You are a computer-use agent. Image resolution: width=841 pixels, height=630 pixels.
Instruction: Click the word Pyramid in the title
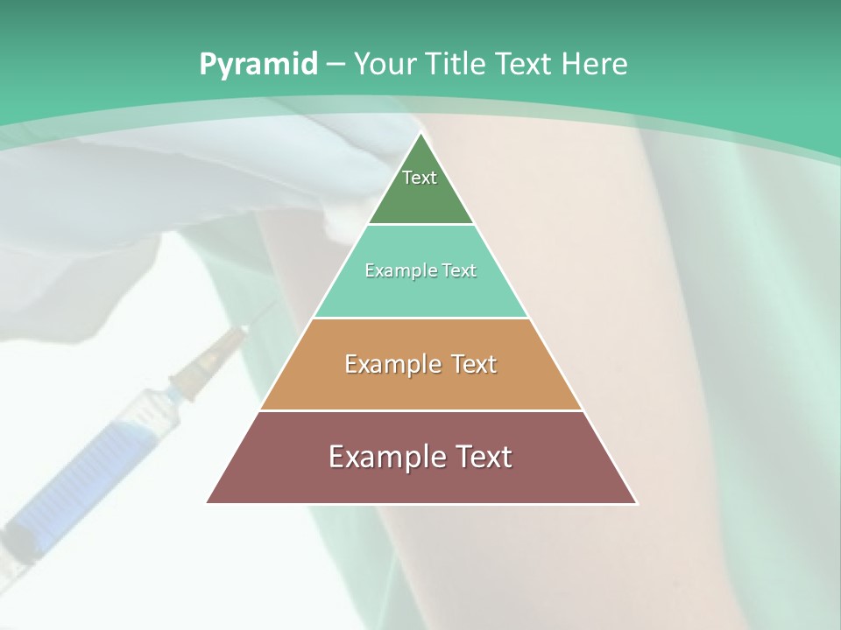258,65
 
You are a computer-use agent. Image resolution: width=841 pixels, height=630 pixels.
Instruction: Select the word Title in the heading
456,64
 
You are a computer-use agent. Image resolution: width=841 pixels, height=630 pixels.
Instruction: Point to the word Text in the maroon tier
478,457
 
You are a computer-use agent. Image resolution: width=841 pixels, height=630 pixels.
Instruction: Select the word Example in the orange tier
391,364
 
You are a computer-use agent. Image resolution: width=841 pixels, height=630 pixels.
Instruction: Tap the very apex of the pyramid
420,136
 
